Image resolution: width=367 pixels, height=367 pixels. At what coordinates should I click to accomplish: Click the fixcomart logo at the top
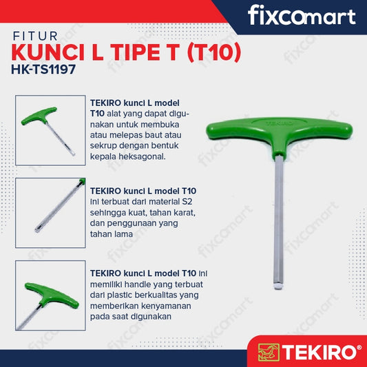click(x=301, y=15)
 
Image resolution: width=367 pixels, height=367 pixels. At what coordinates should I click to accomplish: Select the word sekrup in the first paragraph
click(x=104, y=147)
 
